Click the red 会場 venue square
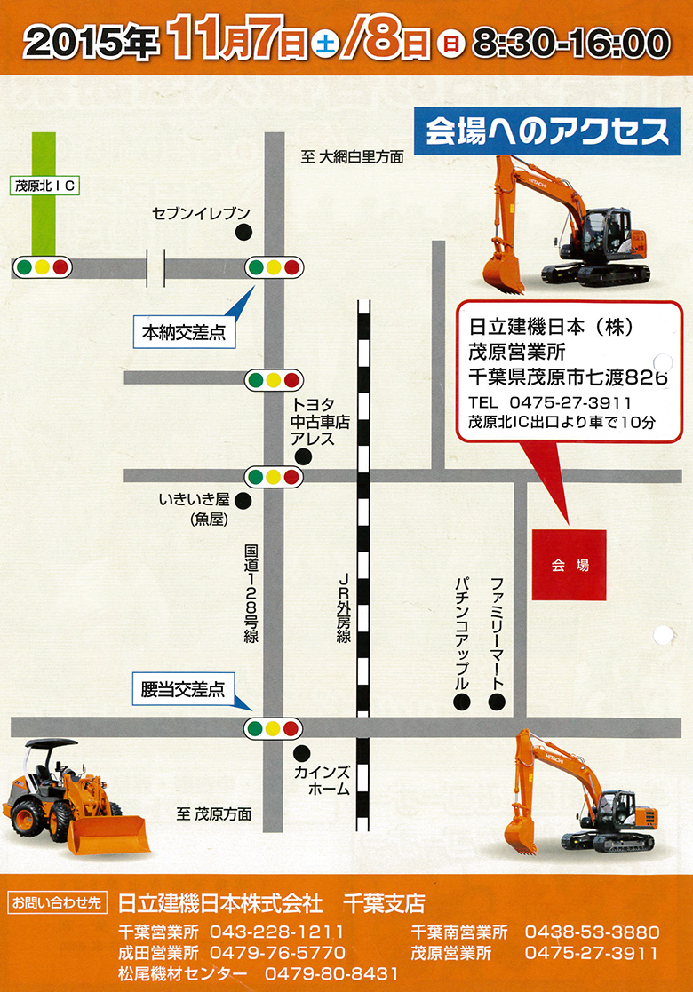point(570,564)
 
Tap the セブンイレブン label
point(202,214)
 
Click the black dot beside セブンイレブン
point(243,233)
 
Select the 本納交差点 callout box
point(183,333)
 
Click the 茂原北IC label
point(45,186)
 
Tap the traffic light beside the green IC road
point(42,266)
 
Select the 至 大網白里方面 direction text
point(353,157)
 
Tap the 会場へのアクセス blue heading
point(546,132)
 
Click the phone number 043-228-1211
point(277,932)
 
